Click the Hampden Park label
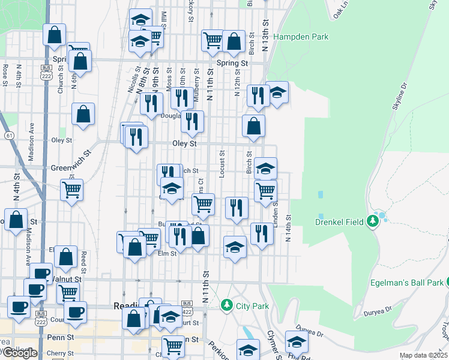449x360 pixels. tap(301, 37)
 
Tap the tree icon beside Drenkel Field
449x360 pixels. tap(373, 222)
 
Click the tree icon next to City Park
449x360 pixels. tap(226, 305)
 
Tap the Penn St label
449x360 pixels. tap(60, 337)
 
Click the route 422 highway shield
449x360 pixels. tap(187, 305)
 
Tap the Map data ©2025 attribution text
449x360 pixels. tap(424, 355)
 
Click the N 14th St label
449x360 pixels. tap(289, 229)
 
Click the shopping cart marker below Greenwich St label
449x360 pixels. tap(72, 191)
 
